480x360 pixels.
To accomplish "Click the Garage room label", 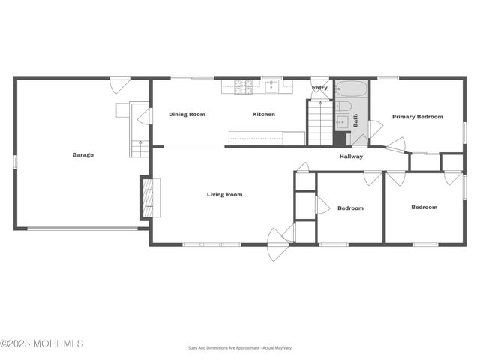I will click(82, 155).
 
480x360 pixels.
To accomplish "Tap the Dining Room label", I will click(187, 115).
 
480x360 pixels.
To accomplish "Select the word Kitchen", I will click(263, 115).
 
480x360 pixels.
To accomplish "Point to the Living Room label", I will click(224, 195).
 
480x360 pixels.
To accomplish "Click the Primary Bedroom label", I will click(417, 117).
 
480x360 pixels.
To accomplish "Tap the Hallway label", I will click(351, 157).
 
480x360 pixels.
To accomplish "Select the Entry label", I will click(319, 88).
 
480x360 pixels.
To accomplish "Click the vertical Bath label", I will click(355, 120).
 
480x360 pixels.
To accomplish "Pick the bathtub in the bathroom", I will click(351, 90).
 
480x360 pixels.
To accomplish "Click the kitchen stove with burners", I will click(244, 87).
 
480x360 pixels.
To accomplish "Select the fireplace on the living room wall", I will click(148, 197).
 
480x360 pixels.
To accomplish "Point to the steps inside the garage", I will click(139, 148).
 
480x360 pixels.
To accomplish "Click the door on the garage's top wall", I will click(120, 83).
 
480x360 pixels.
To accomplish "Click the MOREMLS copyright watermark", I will click(42, 343).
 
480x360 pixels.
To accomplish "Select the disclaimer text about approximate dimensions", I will click(239, 347).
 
